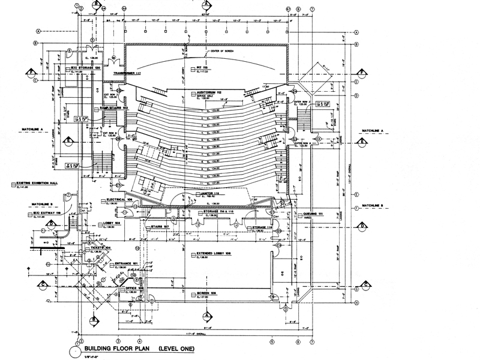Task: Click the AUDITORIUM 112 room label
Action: (x=212, y=92)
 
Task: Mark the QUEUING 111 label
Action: (x=312, y=214)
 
